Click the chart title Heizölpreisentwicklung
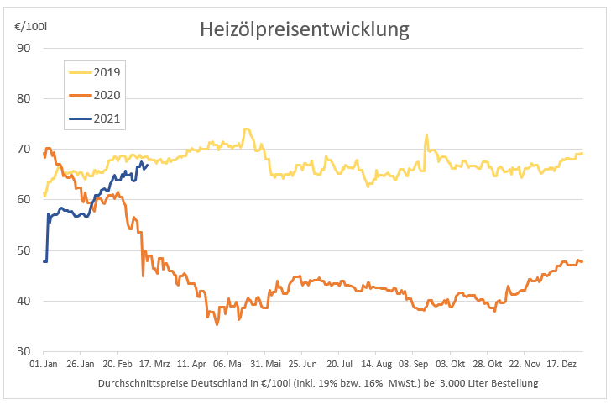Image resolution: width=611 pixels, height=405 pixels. click(304, 30)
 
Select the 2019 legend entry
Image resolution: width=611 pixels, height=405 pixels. click(107, 73)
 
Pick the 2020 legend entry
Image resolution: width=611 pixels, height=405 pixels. click(107, 96)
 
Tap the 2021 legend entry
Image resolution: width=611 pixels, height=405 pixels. click(107, 118)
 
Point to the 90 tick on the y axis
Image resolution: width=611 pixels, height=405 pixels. click(23, 48)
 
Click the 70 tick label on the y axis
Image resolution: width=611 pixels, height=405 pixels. click(23, 150)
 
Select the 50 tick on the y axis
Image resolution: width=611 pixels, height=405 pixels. click(23, 250)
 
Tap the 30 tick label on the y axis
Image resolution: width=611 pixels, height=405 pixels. click(23, 351)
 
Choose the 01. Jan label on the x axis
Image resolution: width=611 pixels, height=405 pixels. click(44, 366)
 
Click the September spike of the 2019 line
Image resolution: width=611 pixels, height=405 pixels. click(426, 135)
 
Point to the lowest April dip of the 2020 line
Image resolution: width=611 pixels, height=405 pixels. click(217, 323)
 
